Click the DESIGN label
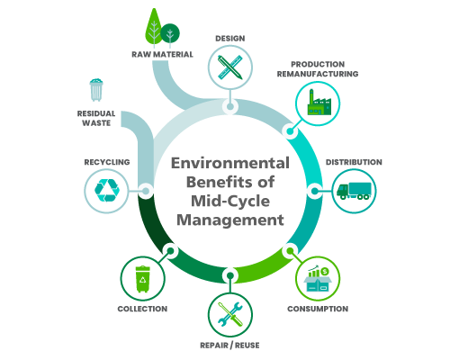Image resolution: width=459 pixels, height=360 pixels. coord(230,39)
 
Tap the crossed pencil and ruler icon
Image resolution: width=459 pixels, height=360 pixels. coord(230,67)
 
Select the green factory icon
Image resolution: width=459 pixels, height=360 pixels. coord(319,102)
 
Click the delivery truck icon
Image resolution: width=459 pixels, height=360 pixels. coord(354,191)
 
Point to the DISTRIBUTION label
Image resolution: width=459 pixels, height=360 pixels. coord(354,162)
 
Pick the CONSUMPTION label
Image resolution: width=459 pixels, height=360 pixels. coord(318,309)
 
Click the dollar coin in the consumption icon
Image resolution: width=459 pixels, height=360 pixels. coord(324,272)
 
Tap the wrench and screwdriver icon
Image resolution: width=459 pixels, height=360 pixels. coord(230,314)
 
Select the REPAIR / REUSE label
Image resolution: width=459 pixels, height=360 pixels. coord(229,346)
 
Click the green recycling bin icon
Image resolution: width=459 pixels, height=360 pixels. coord(142,279)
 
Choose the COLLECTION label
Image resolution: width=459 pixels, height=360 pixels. coord(142,309)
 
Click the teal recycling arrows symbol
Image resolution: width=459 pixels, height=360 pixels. coord(107,190)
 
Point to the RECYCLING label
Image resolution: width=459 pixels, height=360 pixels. coord(107,162)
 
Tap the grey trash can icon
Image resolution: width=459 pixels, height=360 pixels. coord(96,90)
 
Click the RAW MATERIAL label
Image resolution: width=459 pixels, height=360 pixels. coord(162,55)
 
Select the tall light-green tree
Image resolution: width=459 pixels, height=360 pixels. coord(154,28)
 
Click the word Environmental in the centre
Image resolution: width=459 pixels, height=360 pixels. coord(230,163)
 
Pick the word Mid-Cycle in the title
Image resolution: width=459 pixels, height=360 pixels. coord(230,201)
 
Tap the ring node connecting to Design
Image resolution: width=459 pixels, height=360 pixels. coord(230,106)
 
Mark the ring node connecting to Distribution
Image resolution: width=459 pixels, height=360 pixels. coord(314,191)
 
